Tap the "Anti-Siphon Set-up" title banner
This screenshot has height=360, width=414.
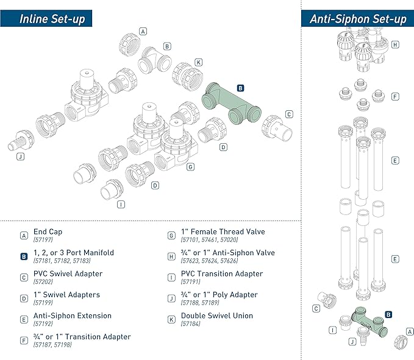click(357, 18)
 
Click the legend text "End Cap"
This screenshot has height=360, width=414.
click(48, 232)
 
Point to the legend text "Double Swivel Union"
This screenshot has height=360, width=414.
click(217, 316)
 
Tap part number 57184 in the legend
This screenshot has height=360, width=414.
click(193, 324)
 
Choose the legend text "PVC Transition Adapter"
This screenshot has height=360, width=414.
click(221, 274)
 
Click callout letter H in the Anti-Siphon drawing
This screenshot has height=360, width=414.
click(395, 44)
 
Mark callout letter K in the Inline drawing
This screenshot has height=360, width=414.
click(198, 62)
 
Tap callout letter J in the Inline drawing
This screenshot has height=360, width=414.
click(21, 157)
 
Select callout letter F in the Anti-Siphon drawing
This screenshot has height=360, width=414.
click(395, 96)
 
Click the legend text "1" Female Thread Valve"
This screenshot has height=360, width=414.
click(223, 232)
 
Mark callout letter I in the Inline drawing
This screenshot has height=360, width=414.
click(120, 204)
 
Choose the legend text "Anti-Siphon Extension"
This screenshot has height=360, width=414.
click(73, 316)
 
